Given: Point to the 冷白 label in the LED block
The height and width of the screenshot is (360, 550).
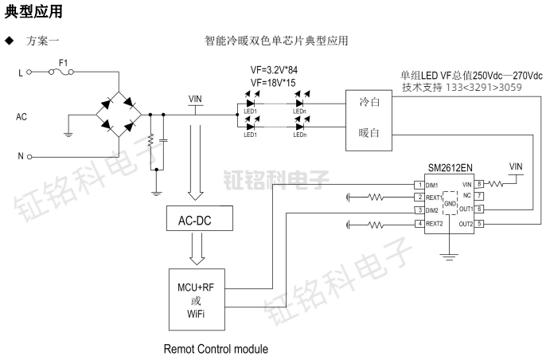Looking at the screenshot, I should (369, 102).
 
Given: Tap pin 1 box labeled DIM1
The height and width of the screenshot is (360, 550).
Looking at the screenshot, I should (418, 185).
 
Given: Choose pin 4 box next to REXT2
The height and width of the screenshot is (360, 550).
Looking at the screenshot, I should (418, 224).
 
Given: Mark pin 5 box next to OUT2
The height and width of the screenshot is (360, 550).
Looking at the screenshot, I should (480, 224).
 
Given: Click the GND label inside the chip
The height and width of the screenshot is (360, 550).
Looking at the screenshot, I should (450, 203).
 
